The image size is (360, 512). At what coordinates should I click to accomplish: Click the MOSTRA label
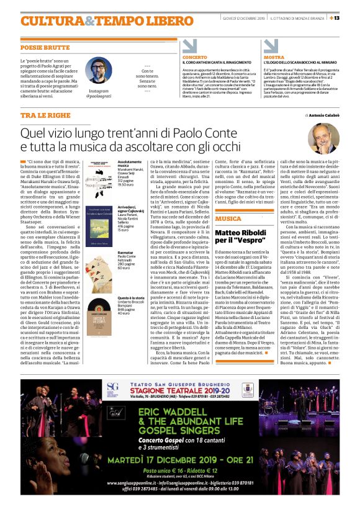[x=274, y=57]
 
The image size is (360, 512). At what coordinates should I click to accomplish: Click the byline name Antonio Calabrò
[x=323, y=115]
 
